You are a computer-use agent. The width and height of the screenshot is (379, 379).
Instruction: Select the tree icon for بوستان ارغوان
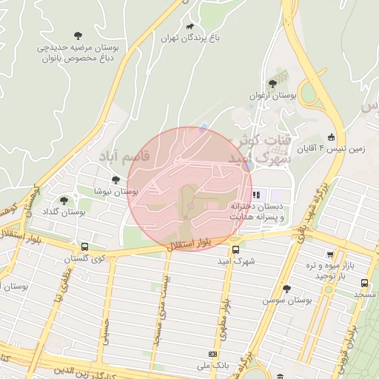click(272, 84)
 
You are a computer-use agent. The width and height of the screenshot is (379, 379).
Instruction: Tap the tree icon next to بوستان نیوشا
click(115, 179)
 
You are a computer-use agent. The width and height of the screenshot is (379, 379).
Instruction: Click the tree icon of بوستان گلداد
click(64, 200)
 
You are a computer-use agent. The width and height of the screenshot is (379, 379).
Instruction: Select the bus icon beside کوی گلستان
click(84, 246)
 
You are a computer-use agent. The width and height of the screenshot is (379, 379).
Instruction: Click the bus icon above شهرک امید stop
click(235, 249)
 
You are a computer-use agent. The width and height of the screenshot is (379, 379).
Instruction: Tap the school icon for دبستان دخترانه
click(256, 195)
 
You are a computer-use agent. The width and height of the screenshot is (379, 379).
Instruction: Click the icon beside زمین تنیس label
click(330, 136)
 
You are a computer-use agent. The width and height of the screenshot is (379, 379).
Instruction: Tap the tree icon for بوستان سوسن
click(286, 288)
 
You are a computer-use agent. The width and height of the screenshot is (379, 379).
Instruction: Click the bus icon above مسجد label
click(364, 283)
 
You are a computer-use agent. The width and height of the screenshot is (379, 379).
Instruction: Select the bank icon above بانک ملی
click(213, 355)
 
